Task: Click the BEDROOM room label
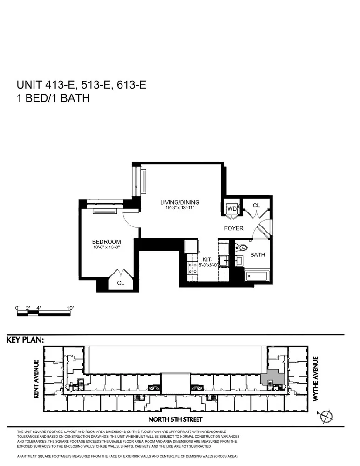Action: point(106,241)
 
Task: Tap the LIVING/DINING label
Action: point(180,202)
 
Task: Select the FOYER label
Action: point(234,228)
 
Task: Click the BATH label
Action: point(258,255)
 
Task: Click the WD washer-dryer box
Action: point(231,209)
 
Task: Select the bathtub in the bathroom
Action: point(257,276)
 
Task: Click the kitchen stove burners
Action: point(191,267)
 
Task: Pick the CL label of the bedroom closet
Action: point(121,283)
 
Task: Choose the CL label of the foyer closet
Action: point(256,205)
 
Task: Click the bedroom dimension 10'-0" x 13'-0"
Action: point(106,247)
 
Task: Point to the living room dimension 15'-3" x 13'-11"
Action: point(180,208)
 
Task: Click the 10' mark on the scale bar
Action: point(70,308)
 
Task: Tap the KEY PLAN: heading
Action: point(25,340)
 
